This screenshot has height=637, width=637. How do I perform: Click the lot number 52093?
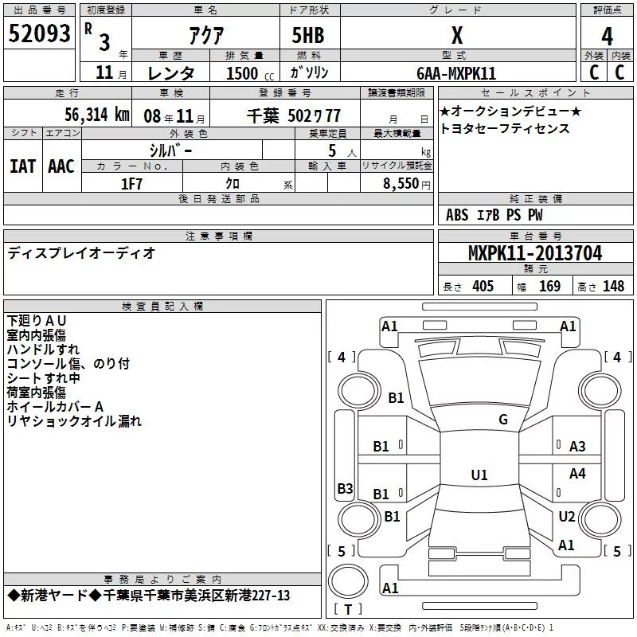click(39, 33)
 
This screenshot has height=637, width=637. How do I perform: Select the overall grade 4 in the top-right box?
click(607, 37)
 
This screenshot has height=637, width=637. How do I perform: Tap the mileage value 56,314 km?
click(97, 115)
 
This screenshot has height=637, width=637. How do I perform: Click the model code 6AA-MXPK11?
click(456, 73)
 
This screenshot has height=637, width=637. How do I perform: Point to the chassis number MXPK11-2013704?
click(535, 253)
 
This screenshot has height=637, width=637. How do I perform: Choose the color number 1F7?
click(131, 184)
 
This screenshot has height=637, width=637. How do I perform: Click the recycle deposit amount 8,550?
click(401, 184)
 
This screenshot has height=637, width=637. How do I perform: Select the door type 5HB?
click(308, 35)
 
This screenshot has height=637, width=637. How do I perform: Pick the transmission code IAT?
click(22, 166)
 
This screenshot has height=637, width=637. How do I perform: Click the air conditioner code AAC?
click(61, 166)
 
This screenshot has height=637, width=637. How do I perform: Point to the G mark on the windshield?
click(503, 420)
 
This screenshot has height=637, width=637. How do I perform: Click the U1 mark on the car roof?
click(479, 475)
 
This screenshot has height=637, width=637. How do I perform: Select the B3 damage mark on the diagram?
click(345, 488)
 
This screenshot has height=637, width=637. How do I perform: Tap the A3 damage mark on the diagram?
click(577, 447)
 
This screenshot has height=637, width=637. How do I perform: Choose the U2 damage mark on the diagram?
click(567, 516)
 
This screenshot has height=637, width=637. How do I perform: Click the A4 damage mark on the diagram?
click(577, 473)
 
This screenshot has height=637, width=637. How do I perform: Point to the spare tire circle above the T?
click(348, 582)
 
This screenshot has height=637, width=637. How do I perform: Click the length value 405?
click(483, 286)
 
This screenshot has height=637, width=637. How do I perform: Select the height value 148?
click(613, 286)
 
